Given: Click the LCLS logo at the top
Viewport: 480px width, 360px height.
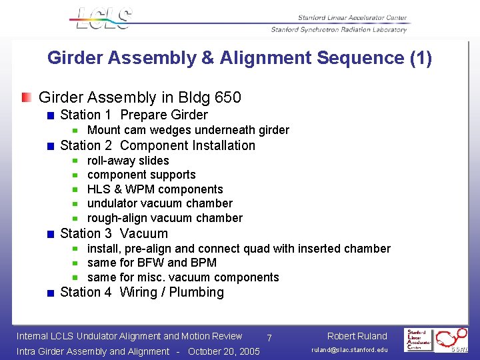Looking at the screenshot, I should coord(102,19).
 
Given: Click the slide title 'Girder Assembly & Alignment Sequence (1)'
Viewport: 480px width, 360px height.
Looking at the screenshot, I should coord(239,58).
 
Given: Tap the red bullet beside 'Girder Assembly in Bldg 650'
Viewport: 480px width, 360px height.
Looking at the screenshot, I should coord(26,98).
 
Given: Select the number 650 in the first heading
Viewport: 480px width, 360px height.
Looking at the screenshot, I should coord(229,98).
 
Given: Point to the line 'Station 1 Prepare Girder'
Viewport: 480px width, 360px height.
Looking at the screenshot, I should coord(134,115).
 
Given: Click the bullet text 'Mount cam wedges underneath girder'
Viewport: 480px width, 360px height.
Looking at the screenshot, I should coord(188,130).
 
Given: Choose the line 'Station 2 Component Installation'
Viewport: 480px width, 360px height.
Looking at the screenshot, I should coord(157,145).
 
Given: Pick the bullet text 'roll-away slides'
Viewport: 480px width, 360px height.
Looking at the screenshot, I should coord(128,161).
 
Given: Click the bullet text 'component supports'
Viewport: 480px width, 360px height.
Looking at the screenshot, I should coord(141,175).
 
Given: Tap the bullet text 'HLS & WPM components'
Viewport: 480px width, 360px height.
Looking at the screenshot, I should coord(155,189).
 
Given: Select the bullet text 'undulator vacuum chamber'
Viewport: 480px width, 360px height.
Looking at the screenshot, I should coord(160,203).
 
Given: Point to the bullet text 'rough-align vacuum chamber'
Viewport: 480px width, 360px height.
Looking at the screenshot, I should coord(165,218).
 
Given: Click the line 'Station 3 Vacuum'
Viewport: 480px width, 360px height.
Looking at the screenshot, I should coord(114,233).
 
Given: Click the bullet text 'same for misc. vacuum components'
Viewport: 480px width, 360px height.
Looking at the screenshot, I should coord(183,277).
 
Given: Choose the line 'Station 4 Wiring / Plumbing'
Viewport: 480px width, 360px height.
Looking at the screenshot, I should coord(142,292).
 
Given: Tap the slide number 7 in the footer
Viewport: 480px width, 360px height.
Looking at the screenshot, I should coord(269,339).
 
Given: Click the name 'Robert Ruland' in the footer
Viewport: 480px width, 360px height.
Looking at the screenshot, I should coord(357,336).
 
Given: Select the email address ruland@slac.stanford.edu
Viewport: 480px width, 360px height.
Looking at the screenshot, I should coord(349,350).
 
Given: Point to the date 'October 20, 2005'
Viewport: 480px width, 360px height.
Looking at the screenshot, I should coord(224,351).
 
